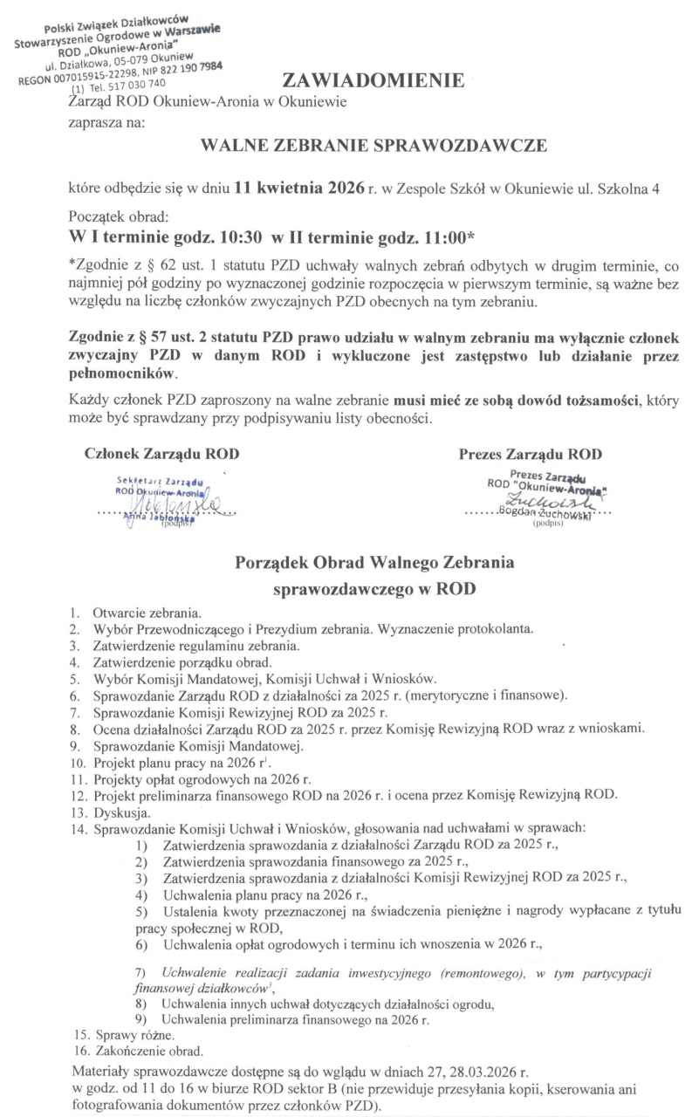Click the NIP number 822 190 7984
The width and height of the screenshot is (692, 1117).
[190, 67]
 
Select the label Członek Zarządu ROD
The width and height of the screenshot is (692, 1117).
[161, 454]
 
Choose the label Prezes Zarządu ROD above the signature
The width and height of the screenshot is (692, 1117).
[530, 454]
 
